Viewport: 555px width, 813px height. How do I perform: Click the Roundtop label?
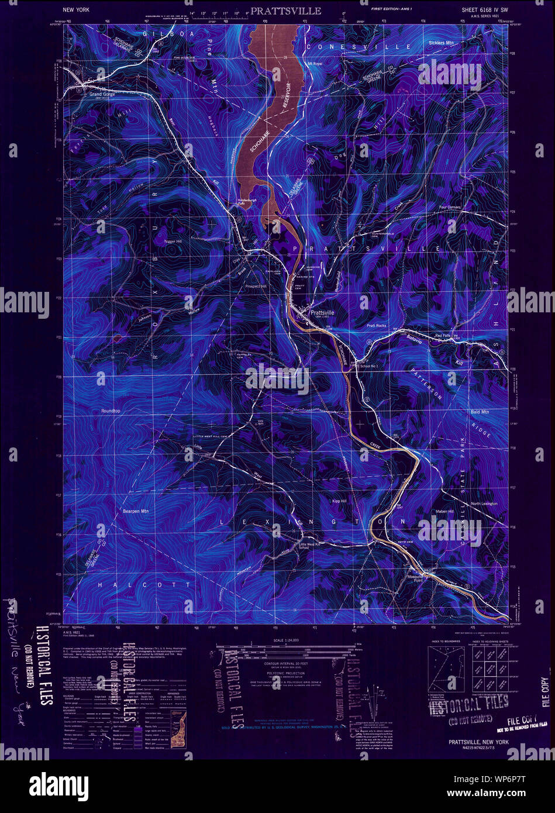(111, 411)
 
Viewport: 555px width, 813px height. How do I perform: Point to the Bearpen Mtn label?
(136, 511)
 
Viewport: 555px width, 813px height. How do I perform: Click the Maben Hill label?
(444, 512)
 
